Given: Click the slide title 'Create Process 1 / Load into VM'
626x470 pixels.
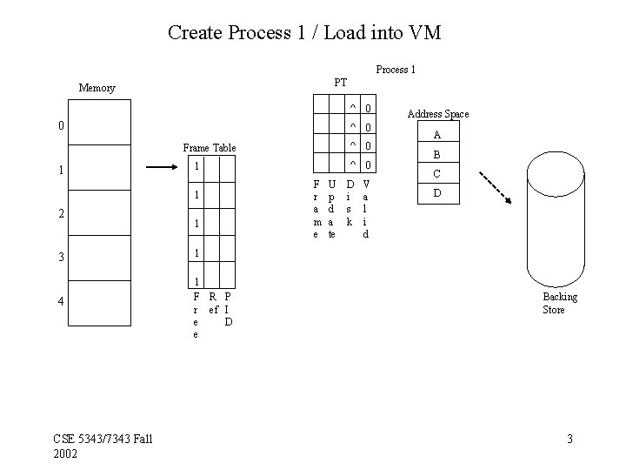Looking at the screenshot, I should [x=304, y=33].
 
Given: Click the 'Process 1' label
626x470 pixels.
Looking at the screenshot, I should [x=395, y=70].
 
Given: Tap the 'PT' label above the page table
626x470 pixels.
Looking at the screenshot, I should [x=340, y=83].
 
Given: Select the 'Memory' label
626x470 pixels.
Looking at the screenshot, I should [x=97, y=88].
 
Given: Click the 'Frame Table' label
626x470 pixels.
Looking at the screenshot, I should [x=209, y=148].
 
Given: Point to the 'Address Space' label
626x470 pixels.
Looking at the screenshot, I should [x=438, y=114].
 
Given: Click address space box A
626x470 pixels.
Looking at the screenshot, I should [x=437, y=135].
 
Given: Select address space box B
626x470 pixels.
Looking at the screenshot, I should [x=437, y=155].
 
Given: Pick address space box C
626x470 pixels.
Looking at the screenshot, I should [x=437, y=174].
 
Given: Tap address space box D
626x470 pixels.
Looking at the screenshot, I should [x=437, y=193].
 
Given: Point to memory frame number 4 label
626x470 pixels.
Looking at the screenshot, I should [x=60, y=302].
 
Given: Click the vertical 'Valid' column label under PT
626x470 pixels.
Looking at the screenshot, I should [x=366, y=209].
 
